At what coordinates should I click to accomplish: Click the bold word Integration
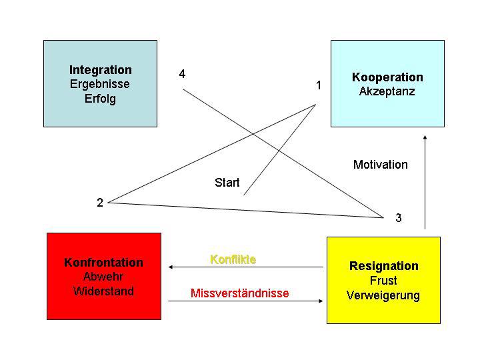(101, 70)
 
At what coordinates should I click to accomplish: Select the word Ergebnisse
(100, 85)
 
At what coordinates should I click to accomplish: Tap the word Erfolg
(100, 99)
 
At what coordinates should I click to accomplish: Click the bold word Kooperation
(387, 77)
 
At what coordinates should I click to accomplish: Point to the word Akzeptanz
(387, 92)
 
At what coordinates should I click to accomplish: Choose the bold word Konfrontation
(103, 262)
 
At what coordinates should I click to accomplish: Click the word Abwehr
(103, 277)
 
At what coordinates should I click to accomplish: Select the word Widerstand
(103, 291)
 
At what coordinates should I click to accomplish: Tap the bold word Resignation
(384, 266)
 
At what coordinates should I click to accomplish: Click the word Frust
(383, 281)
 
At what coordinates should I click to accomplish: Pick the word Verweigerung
(383, 295)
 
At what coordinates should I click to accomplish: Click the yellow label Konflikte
(233, 259)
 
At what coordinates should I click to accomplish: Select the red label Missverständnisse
(240, 293)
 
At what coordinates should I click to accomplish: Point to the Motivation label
(381, 165)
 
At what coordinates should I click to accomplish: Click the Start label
(227, 183)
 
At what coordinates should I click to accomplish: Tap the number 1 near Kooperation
(319, 85)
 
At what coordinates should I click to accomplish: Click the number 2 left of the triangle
(100, 203)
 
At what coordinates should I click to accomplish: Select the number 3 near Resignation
(399, 218)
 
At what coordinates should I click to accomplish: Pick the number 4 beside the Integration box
(183, 74)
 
